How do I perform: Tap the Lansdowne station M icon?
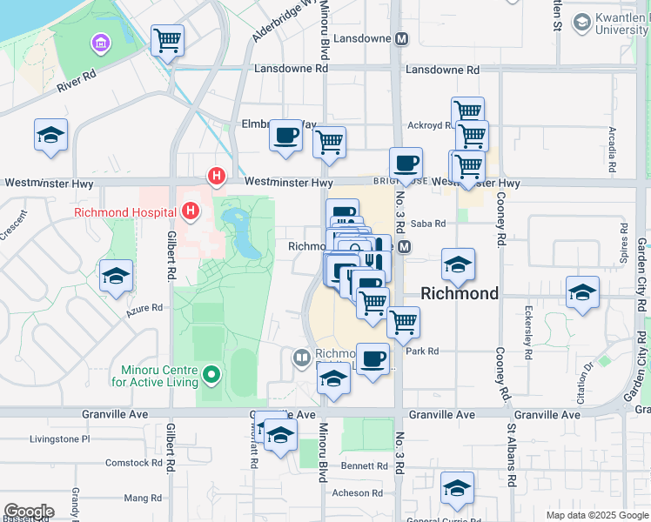click(402, 39)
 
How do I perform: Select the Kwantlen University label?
click(609, 23)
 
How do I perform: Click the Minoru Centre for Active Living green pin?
click(211, 376)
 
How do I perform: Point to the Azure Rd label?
click(145, 308)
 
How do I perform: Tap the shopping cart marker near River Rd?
click(166, 39)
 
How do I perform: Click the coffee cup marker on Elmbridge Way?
click(285, 136)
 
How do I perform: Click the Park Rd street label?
click(421, 351)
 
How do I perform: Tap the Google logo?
click(29, 512)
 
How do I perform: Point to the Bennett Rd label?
click(358, 466)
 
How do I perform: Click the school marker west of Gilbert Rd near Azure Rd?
click(116, 276)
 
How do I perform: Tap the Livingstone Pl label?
click(60, 439)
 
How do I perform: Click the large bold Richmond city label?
click(460, 293)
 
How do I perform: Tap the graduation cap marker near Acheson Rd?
click(456, 489)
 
